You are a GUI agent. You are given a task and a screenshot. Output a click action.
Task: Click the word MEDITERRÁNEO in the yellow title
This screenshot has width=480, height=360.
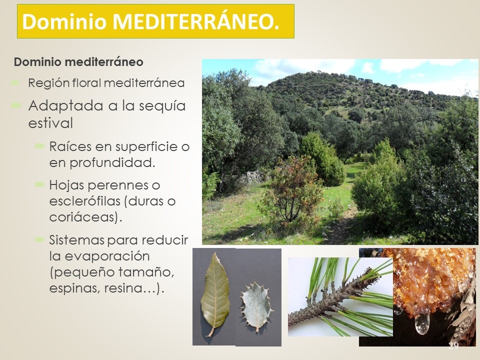tap(196, 21)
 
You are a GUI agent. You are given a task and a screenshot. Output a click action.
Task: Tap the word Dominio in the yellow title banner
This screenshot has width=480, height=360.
tap(64, 21)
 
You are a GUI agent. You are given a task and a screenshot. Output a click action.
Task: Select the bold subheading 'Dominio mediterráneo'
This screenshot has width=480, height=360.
tap(78, 62)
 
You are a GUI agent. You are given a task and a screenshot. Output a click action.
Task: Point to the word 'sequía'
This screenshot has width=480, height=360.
tap(162, 106)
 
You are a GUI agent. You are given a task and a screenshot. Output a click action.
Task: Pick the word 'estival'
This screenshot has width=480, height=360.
tap(50, 123)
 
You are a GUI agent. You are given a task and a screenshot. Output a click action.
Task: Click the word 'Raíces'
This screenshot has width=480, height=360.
tap(70, 146)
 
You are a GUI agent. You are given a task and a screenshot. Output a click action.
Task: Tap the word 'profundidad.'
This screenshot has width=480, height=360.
tap(112, 163)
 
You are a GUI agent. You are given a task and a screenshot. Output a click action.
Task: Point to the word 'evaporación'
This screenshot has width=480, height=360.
tap(107, 256)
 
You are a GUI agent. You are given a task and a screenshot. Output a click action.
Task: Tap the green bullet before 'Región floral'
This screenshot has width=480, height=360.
tap(15, 82)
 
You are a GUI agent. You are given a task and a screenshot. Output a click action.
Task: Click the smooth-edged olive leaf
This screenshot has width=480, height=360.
tap(215, 294)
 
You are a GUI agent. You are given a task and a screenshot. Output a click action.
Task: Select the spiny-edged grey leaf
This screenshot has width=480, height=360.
tap(256, 306)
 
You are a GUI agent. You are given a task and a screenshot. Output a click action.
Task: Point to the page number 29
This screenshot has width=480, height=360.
tap(453, 346)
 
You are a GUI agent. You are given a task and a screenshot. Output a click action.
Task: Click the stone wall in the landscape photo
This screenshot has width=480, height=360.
tap(251, 177)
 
